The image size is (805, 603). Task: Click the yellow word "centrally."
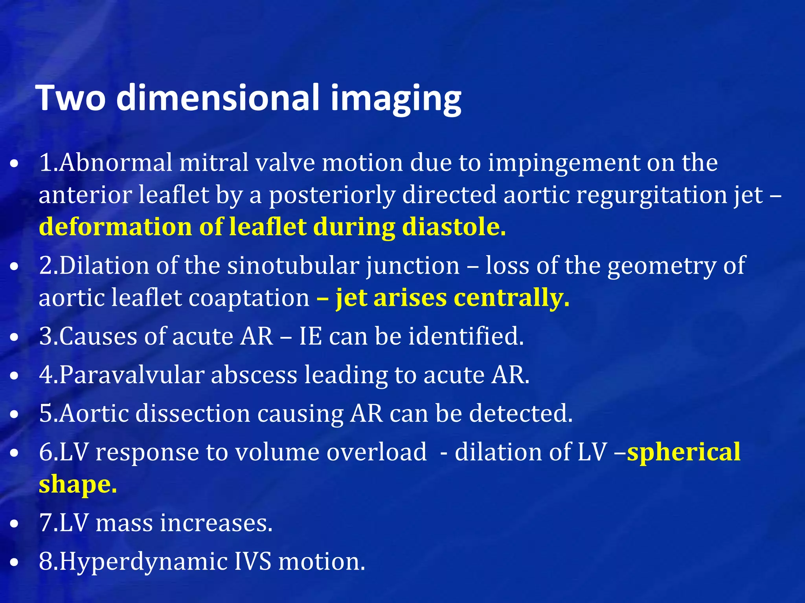coord(511,298)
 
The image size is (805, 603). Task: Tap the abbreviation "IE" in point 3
coord(311,336)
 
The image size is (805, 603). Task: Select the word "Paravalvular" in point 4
coord(131,375)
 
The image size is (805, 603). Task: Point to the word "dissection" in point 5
coord(193,413)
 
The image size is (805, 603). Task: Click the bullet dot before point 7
coord(15,524)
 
